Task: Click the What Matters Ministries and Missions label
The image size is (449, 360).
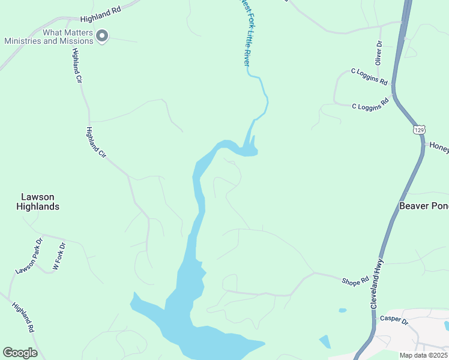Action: tap(49, 37)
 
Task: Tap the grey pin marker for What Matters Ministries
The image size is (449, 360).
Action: tap(102, 37)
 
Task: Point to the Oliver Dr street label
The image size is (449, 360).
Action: tap(379, 53)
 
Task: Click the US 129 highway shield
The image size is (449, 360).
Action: tap(419, 130)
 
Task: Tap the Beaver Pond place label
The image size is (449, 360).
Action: tap(424, 206)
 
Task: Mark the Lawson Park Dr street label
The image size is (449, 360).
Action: tap(29, 257)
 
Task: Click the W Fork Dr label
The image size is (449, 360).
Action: tap(59, 257)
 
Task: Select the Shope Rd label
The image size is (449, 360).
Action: tap(355, 281)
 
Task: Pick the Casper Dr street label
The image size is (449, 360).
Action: tap(394, 321)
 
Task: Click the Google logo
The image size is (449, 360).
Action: tap(20, 353)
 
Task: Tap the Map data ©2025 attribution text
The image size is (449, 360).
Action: tap(423, 355)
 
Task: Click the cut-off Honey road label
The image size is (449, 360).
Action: tap(438, 146)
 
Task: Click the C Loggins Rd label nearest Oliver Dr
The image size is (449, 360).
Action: tap(369, 76)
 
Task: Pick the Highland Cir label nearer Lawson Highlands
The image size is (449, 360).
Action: tap(96, 143)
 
